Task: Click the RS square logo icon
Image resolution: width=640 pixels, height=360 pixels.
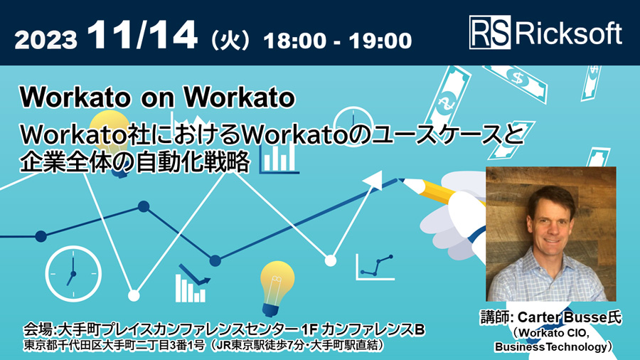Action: click(x=489, y=33)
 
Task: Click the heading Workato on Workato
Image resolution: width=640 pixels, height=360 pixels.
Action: click(x=157, y=97)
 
